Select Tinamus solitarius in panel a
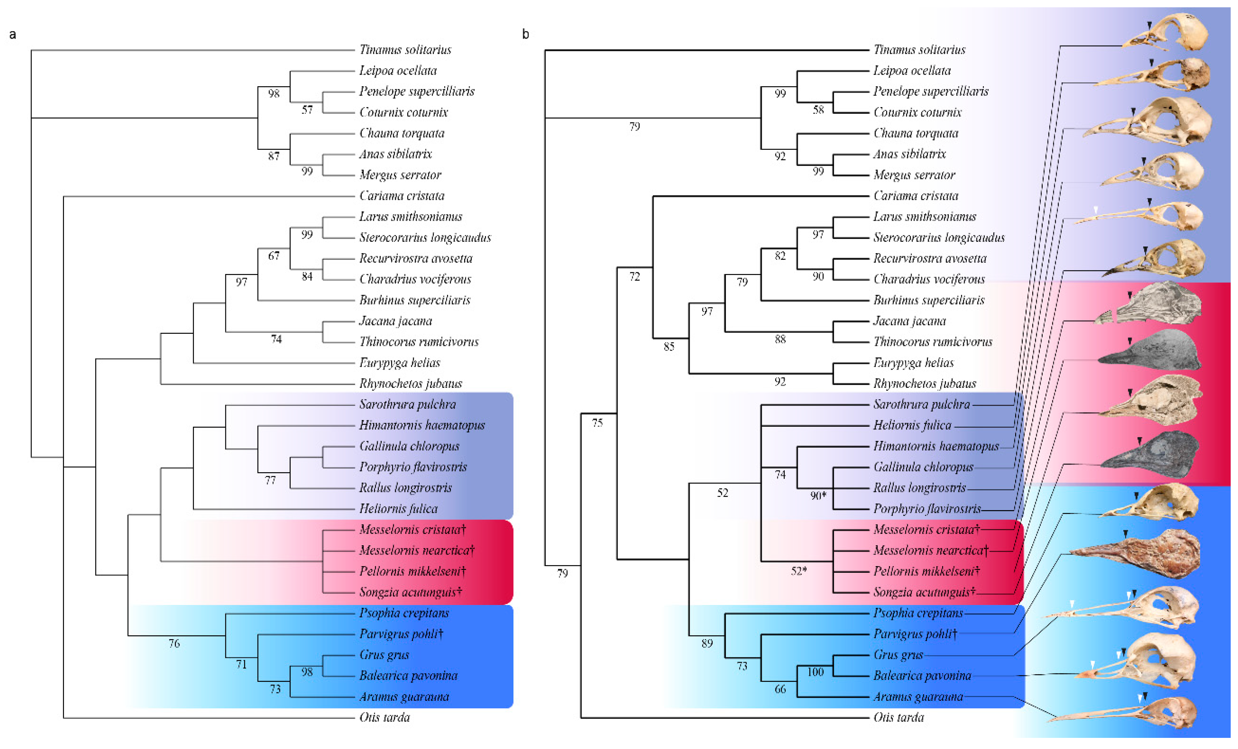[x=405, y=50]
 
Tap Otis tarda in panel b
[x=898, y=717]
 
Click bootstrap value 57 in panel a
[x=307, y=110]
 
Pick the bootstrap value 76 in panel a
[x=174, y=643]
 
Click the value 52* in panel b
[x=799, y=571]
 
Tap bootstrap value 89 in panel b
[x=707, y=643]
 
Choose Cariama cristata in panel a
[x=402, y=195]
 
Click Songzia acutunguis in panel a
[x=410, y=592]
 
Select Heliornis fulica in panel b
[x=912, y=425]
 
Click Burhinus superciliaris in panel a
[x=414, y=300]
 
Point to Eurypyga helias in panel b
[x=913, y=362]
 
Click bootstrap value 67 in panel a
[x=273, y=256]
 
